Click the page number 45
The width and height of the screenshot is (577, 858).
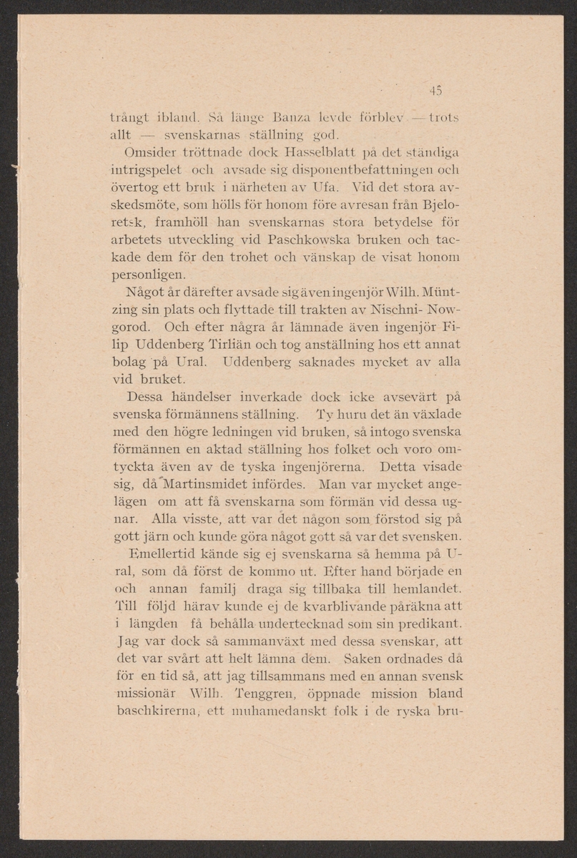coord(436,90)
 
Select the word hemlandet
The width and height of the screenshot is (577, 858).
coord(425,588)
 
